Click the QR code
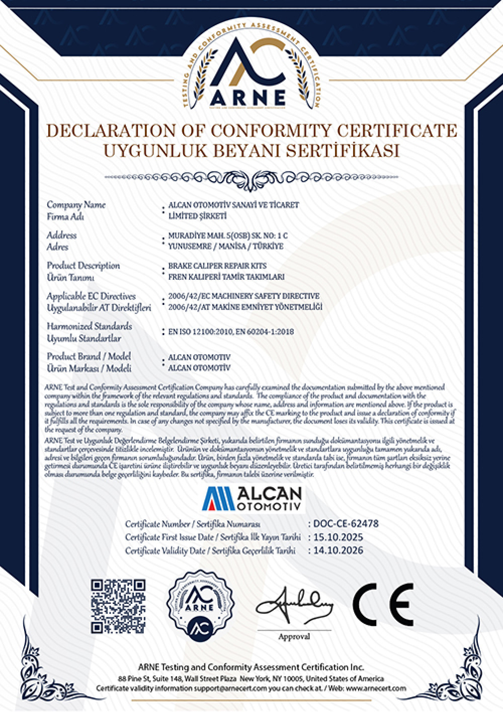pos(118,605)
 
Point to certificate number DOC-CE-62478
pos(346,524)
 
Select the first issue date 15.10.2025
pos(338,537)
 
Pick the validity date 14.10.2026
pos(338,550)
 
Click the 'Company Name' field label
pos(76,205)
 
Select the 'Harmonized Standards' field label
pos(90,327)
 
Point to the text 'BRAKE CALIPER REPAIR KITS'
pos(217,266)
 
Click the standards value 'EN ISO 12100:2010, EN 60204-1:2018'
pos(231,332)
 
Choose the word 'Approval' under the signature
pos(294,637)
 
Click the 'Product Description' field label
pos(83,266)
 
